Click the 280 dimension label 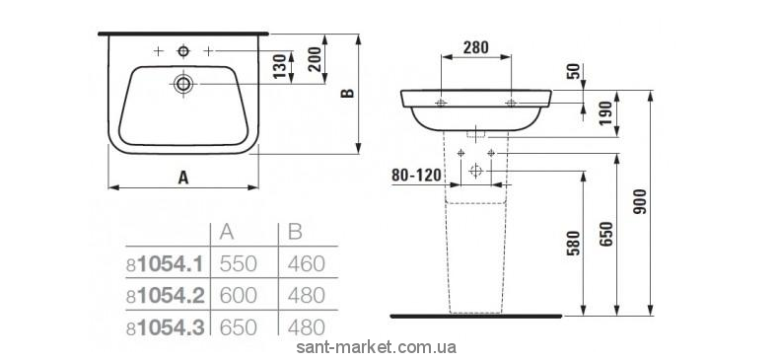point(476,47)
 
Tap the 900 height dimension point(641,201)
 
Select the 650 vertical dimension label point(607,234)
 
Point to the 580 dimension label point(574,243)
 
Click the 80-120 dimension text point(416,175)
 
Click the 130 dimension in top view point(280,65)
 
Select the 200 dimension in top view point(315,59)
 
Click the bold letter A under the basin point(183,178)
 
